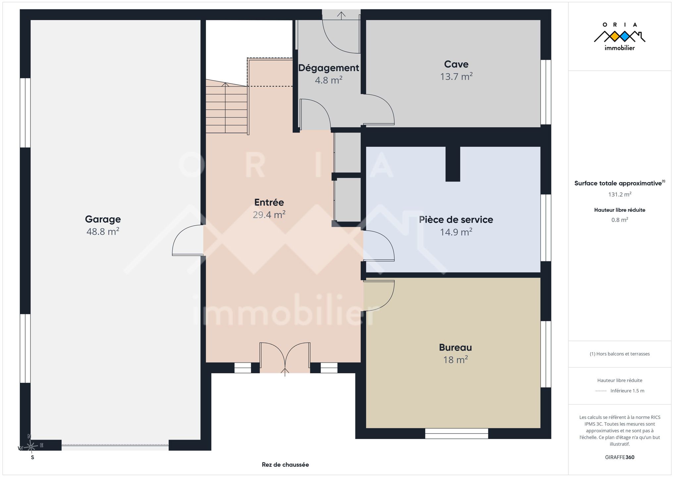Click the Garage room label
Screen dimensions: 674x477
103,219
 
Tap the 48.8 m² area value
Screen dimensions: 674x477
103,231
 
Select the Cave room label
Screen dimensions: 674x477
456,64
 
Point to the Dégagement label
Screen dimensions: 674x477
329,68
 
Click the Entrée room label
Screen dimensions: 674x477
269,202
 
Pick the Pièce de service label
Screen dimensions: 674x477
456,219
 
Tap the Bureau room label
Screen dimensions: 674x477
455,347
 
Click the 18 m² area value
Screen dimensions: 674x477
455,359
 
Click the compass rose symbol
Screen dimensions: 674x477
31,447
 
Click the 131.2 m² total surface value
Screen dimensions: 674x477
619,194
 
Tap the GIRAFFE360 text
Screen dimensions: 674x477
619,457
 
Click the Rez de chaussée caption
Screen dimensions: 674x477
285,464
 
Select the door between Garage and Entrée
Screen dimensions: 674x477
187,240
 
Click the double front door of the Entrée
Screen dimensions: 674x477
285,358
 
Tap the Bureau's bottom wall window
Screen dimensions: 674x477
456,434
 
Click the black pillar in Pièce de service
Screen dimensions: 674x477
453,164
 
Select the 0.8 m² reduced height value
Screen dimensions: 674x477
620,220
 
